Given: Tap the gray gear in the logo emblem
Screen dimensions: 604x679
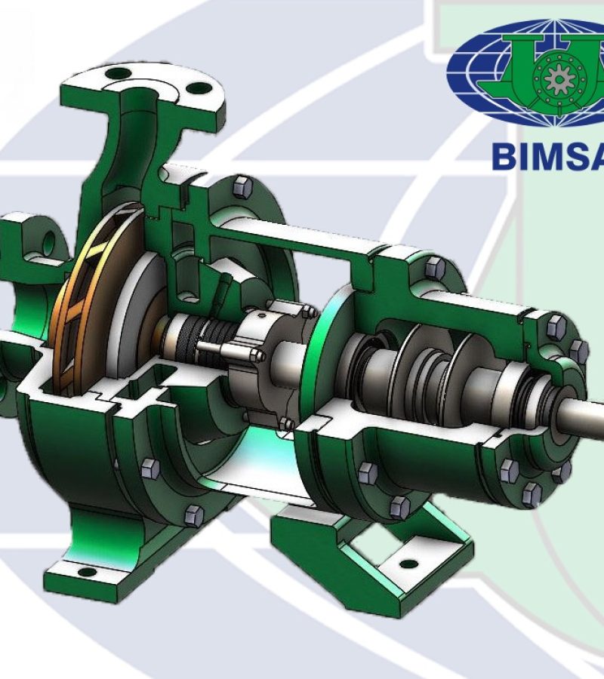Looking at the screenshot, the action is [559, 79].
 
